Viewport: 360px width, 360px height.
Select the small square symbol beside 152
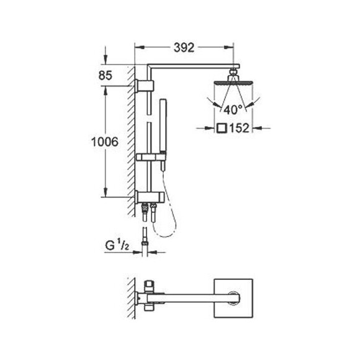(x=222, y=129)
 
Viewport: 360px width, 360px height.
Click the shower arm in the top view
(x=186, y=299)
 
